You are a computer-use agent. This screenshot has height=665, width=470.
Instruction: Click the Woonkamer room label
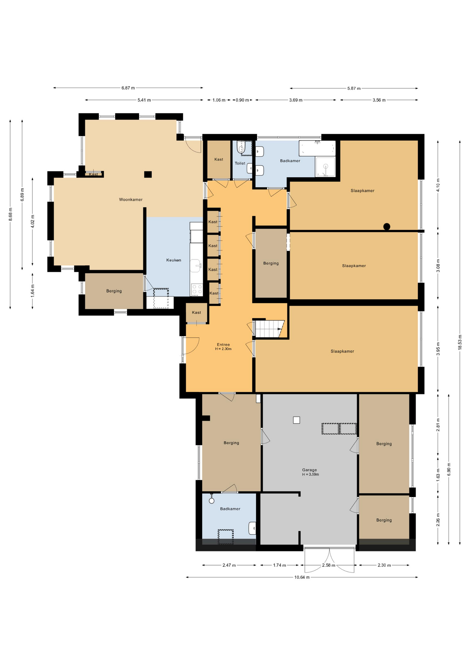[130, 199]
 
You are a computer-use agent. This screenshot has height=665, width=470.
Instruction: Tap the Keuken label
[173, 260]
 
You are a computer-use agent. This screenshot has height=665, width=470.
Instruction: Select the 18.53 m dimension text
[460, 342]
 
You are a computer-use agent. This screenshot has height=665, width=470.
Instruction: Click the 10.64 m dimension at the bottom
[302, 577]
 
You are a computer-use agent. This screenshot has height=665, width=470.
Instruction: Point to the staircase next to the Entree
[269, 329]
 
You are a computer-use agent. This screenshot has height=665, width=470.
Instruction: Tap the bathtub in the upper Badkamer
[317, 148]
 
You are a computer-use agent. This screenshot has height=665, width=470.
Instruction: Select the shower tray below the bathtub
[325, 167]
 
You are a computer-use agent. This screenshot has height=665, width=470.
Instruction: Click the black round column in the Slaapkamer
[387, 227]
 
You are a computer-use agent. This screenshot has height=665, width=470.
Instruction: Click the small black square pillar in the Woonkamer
[148, 175]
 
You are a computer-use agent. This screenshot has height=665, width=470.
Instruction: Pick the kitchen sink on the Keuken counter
[196, 266]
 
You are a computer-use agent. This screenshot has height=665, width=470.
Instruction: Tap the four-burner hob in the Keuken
[197, 290]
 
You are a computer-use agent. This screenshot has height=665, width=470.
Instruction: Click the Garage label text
[309, 470]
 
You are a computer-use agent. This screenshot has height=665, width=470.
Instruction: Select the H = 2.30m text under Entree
[223, 349]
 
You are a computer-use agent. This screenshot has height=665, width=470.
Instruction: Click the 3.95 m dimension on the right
[438, 349]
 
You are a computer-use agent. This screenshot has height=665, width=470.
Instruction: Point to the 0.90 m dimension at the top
[242, 100]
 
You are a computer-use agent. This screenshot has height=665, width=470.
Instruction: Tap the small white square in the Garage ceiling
[296, 420]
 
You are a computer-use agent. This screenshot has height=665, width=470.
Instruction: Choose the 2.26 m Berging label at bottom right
[384, 520]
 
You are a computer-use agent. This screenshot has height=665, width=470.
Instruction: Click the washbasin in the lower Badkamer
[253, 528]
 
